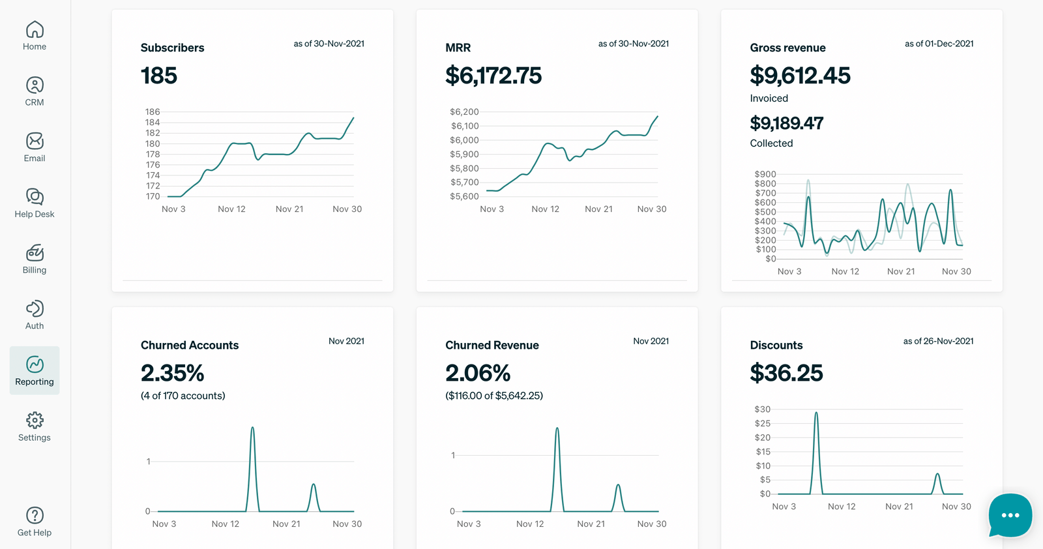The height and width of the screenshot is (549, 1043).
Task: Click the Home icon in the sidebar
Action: point(35,29)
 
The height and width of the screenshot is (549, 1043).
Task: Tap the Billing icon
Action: point(35,252)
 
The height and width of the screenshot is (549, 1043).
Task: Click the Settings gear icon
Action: point(35,420)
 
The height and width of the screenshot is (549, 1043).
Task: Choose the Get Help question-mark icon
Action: point(35,515)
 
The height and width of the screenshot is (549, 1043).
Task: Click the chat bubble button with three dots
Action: point(1010,515)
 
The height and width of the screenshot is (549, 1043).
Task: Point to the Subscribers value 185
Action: point(159,76)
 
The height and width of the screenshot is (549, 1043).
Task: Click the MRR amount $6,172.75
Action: point(493,76)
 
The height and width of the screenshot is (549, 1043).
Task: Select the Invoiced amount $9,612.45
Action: point(800,76)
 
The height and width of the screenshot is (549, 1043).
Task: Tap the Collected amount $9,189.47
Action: point(786,123)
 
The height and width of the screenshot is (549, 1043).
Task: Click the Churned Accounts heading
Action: point(190,345)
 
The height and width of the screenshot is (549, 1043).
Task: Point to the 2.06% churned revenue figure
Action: point(478,373)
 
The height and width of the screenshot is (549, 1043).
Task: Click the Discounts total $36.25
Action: point(786,373)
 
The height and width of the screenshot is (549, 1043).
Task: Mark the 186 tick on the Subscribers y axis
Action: point(153,112)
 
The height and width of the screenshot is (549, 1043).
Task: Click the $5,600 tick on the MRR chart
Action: point(464,196)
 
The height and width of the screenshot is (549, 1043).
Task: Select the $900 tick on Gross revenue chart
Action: point(765,174)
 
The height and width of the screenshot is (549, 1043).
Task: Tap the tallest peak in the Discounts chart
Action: point(816,413)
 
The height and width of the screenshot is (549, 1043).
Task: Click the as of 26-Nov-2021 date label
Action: point(938,341)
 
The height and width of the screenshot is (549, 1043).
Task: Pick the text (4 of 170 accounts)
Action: point(183,396)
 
